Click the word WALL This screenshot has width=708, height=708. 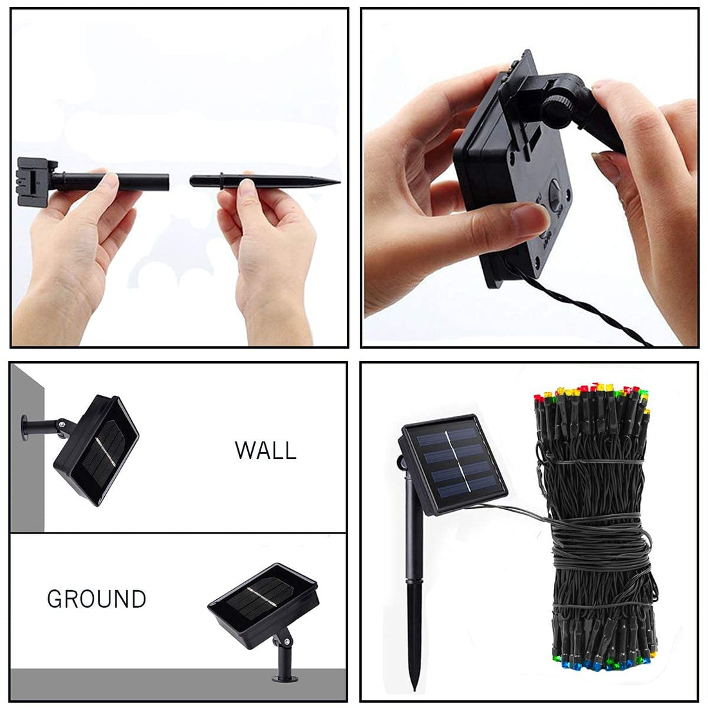click(x=265, y=450)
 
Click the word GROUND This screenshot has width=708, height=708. click(x=97, y=599)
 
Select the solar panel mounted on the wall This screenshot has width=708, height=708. click(x=97, y=449)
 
